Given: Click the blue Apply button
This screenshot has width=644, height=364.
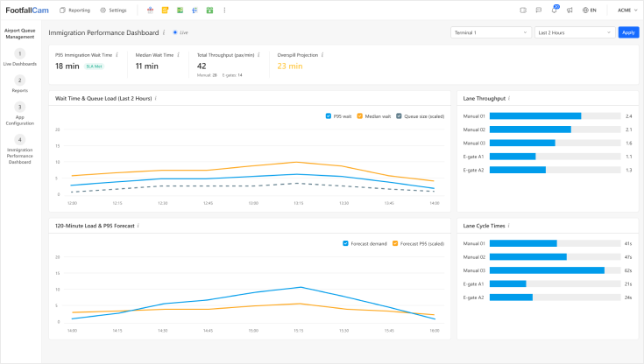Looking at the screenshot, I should [627, 32].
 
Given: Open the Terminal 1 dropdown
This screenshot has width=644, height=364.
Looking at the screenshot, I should [490, 32].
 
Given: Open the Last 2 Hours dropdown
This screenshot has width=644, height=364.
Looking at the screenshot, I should [573, 32].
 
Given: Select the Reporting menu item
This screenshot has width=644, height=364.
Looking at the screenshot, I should [74, 10].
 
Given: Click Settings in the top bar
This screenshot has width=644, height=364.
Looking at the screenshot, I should [113, 10].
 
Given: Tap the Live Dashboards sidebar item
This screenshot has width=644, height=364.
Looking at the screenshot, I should [20, 59].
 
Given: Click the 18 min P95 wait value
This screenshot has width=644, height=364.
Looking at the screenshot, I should [67, 66].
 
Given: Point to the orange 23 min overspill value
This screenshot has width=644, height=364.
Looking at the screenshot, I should [290, 66].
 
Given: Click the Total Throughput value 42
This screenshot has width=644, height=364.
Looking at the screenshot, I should [202, 66].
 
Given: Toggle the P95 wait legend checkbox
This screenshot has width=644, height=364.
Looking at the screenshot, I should [328, 115].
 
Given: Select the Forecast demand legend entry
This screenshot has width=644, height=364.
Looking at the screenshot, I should [364, 243].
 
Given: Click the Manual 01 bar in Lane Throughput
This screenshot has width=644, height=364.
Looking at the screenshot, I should [535, 115].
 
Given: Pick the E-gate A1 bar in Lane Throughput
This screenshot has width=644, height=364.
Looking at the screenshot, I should [513, 157].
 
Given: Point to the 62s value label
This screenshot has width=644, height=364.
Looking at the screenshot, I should [628, 270].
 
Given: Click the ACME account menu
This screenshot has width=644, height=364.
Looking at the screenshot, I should [626, 10].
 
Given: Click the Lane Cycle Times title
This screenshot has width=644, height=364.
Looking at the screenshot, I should [483, 225].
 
